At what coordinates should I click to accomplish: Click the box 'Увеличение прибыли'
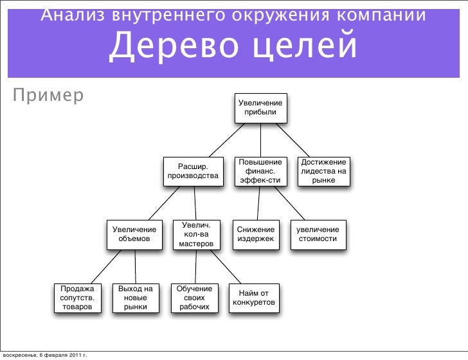[x=260, y=108]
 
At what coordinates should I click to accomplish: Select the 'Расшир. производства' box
[x=193, y=172]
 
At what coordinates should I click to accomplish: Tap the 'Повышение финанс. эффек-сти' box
[x=260, y=172]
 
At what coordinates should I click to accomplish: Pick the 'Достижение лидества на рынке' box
[x=323, y=172]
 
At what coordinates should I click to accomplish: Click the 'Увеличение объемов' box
[x=134, y=235]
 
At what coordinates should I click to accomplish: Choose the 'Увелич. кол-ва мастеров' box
[x=197, y=235]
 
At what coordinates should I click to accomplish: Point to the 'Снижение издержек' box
[x=256, y=235]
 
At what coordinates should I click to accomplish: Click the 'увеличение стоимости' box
[x=318, y=235]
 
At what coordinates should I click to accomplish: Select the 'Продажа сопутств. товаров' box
[x=78, y=298]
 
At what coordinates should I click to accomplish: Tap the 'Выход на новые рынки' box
[x=136, y=298]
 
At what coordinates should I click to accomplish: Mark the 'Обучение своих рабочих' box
[x=195, y=298]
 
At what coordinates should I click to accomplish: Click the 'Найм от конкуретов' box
[x=254, y=298]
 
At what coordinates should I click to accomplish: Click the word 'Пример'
[x=48, y=96]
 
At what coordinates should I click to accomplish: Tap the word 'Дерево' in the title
[x=174, y=46]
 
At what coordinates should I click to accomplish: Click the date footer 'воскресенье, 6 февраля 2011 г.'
[x=45, y=355]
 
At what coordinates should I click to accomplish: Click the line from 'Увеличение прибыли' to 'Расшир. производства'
[x=227, y=140]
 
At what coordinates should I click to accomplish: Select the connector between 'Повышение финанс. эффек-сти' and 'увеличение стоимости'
[x=289, y=203]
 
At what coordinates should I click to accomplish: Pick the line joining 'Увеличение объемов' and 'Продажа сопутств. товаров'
[x=106, y=267]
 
